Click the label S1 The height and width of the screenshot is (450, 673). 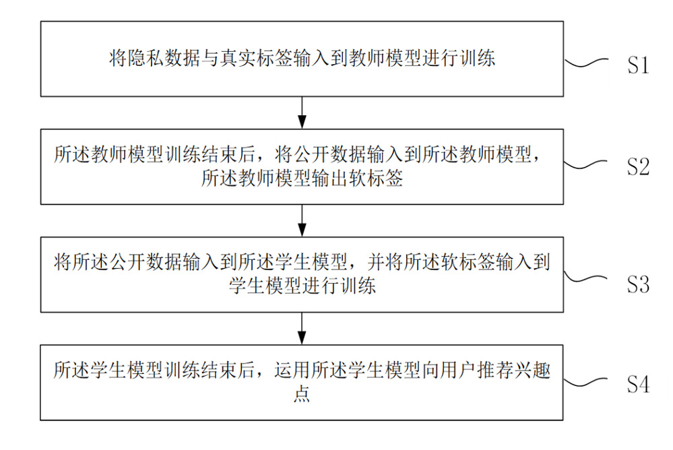point(638,65)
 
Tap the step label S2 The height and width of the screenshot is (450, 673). point(638,166)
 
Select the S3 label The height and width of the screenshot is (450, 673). point(638,284)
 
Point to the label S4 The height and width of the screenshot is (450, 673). point(638,384)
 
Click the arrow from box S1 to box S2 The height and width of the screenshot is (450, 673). point(302,112)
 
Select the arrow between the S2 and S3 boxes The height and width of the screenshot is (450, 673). point(302,220)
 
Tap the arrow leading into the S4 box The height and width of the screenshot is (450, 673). point(302,328)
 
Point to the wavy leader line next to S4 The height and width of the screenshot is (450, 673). point(585,382)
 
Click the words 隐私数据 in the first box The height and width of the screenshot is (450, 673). point(164,57)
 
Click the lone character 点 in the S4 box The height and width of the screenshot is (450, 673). point(302,393)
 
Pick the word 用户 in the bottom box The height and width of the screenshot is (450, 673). point(459,370)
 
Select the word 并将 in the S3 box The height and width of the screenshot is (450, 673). point(385,261)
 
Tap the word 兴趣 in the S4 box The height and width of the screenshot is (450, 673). point(532,370)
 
